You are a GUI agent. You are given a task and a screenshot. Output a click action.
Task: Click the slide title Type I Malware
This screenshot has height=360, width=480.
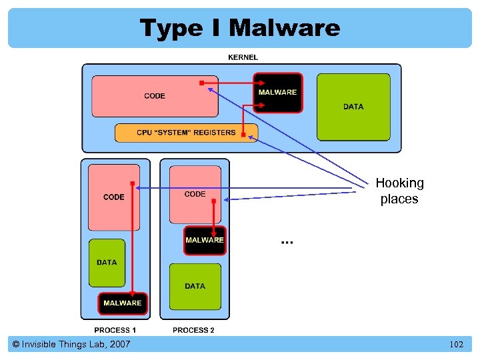tap(240, 28)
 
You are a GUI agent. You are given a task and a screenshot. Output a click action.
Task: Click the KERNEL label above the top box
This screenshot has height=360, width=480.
tap(243, 57)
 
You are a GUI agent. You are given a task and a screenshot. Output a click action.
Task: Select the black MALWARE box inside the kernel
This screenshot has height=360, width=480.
tap(277, 92)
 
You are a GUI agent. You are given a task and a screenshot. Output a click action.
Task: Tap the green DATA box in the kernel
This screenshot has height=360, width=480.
tap(353, 107)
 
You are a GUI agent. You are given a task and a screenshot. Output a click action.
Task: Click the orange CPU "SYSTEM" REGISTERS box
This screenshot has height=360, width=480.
tap(186, 132)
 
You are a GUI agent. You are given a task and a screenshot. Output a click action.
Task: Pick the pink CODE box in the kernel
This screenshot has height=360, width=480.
tap(155, 96)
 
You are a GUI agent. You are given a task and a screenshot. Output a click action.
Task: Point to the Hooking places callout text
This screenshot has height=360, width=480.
tap(399, 191)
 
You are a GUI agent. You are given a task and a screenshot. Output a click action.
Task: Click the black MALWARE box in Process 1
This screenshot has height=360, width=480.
tap(122, 303)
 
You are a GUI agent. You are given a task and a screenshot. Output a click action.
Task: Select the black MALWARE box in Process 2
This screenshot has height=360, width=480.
tap(205, 240)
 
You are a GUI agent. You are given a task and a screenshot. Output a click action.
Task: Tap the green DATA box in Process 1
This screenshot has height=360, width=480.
tap(107, 263)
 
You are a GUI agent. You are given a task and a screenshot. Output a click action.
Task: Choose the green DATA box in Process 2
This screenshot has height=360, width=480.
tap(195, 286)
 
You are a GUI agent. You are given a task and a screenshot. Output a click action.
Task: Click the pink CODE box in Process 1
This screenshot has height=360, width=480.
tap(114, 197)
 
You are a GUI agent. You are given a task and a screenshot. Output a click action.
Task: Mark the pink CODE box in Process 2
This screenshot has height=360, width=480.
tap(195, 194)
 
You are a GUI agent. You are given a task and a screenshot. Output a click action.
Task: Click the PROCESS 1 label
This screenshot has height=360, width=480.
tap(115, 330)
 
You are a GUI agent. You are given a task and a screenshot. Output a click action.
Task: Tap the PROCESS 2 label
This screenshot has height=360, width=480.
tap(193, 330)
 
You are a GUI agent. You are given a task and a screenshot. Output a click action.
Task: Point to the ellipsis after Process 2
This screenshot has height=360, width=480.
tap(287, 241)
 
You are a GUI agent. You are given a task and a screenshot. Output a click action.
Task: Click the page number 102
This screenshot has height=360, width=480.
tap(456, 345)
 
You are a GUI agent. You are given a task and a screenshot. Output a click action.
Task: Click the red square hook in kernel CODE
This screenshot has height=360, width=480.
tap(201, 83)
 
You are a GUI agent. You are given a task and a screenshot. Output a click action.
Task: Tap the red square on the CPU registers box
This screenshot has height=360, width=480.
tap(243, 135)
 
